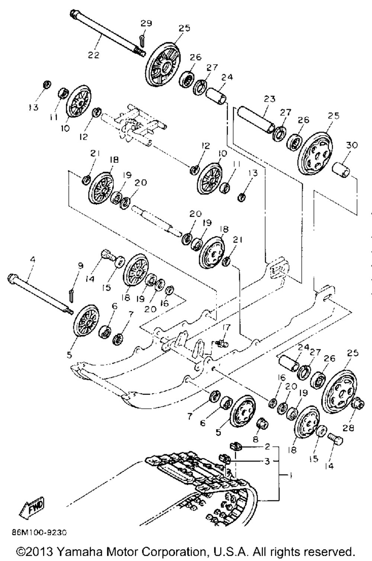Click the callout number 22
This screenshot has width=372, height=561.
pos(94,55)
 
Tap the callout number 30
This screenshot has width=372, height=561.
pos(352,145)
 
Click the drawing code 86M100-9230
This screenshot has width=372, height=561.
pos(39,532)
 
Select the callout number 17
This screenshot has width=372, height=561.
pos(226,327)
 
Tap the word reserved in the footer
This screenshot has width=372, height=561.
pos(328,550)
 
